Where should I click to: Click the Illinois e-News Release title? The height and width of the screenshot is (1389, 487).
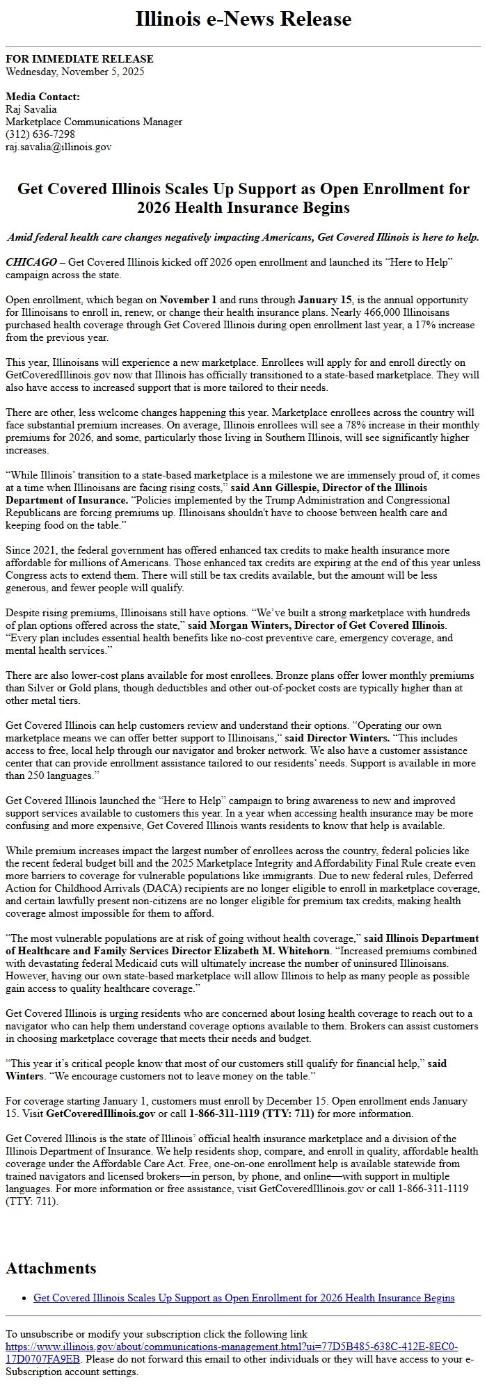coord(243,19)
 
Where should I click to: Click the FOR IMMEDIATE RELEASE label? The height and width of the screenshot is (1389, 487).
coord(79,59)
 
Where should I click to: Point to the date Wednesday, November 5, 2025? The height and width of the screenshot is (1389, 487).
coord(75,71)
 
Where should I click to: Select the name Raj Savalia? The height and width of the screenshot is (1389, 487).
coord(31,109)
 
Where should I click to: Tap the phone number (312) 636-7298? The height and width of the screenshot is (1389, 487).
coord(40,134)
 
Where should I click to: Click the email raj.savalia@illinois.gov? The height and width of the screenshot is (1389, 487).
coord(58,146)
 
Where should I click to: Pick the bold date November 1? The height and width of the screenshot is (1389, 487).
coord(189,300)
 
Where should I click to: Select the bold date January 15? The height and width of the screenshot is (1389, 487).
coord(324,300)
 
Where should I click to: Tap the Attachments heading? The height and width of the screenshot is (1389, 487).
coord(51,1268)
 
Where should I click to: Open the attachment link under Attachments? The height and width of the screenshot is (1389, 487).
coord(243,1298)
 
